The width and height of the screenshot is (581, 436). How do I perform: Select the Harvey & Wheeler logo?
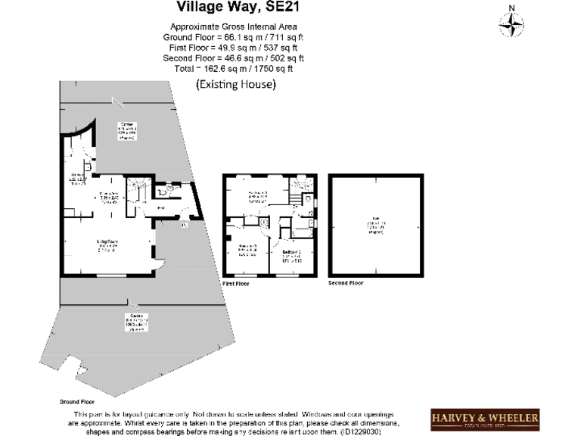(x=485, y=419)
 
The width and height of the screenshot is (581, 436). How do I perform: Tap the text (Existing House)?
(x=235, y=85)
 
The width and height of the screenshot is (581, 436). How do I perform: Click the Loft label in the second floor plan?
(x=375, y=224)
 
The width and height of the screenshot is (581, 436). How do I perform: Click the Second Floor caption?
(x=346, y=283)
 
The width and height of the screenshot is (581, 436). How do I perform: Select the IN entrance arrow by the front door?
(x=184, y=223)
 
